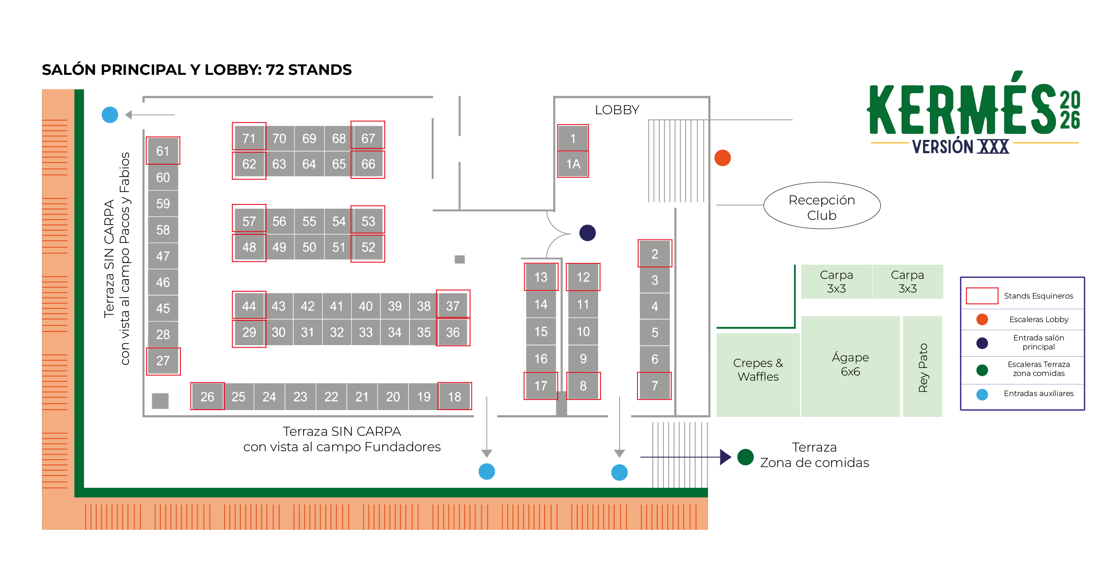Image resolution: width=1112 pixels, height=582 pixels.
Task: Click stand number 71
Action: coord(249,138)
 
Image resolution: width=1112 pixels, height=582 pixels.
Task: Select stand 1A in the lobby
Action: coord(573,164)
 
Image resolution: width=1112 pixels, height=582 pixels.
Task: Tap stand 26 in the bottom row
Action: coord(207,396)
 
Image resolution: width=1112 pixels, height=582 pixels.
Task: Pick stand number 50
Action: coord(309,247)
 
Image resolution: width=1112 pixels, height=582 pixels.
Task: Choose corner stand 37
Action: coord(453,306)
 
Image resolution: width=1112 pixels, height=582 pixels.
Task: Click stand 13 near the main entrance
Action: coord(541,277)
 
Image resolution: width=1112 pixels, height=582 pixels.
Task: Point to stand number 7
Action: coord(655,385)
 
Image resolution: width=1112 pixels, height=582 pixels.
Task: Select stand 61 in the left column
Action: coord(163,151)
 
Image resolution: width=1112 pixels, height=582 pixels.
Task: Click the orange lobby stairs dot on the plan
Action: coord(723,158)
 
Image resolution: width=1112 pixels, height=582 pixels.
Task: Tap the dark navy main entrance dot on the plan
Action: coord(587,233)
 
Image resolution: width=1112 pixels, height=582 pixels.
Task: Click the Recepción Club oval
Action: coord(822,206)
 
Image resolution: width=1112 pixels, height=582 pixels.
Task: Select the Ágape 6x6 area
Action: coord(850,366)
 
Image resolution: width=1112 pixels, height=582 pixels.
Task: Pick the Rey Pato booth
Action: coord(923,366)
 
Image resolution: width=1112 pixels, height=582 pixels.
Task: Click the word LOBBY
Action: coord(617,109)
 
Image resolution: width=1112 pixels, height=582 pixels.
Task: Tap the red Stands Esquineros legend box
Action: coord(982,296)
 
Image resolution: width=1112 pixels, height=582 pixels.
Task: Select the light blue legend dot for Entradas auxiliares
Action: coord(982,394)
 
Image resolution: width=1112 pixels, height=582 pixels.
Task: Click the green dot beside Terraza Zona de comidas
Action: coord(746,457)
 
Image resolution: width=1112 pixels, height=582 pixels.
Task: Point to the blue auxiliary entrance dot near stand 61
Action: coord(109,115)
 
